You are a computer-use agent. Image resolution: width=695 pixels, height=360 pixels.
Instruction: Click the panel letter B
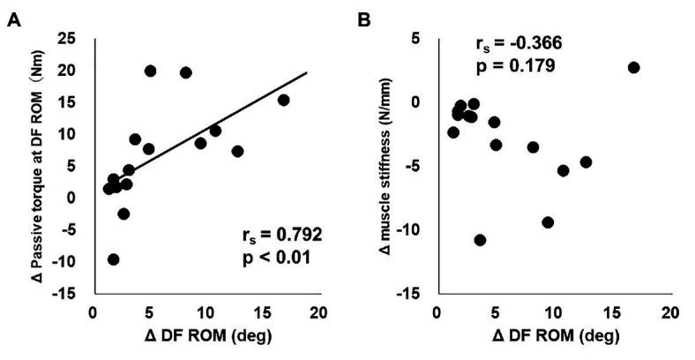point(363,18)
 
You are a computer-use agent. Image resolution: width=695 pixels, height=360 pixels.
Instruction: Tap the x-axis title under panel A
point(205,337)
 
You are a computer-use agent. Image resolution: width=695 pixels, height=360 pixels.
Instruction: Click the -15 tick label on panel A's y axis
point(64,293)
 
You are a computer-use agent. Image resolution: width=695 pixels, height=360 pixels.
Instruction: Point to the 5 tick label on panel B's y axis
point(414,39)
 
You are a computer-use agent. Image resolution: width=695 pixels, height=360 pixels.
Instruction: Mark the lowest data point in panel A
point(113,259)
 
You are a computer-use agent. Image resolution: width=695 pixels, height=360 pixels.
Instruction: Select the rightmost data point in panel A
point(283,100)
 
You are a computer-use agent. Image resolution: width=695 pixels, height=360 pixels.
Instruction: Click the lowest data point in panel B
point(480,240)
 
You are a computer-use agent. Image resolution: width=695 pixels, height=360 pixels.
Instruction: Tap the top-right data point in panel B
point(633,67)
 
